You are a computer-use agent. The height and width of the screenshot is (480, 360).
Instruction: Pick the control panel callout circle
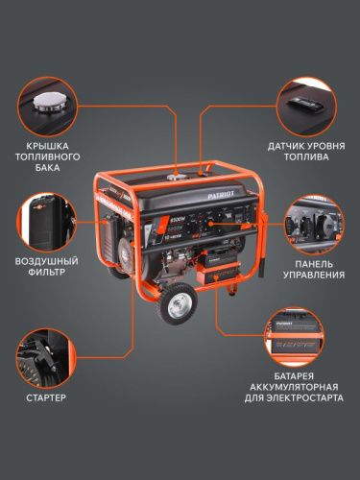click(x=316, y=227)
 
